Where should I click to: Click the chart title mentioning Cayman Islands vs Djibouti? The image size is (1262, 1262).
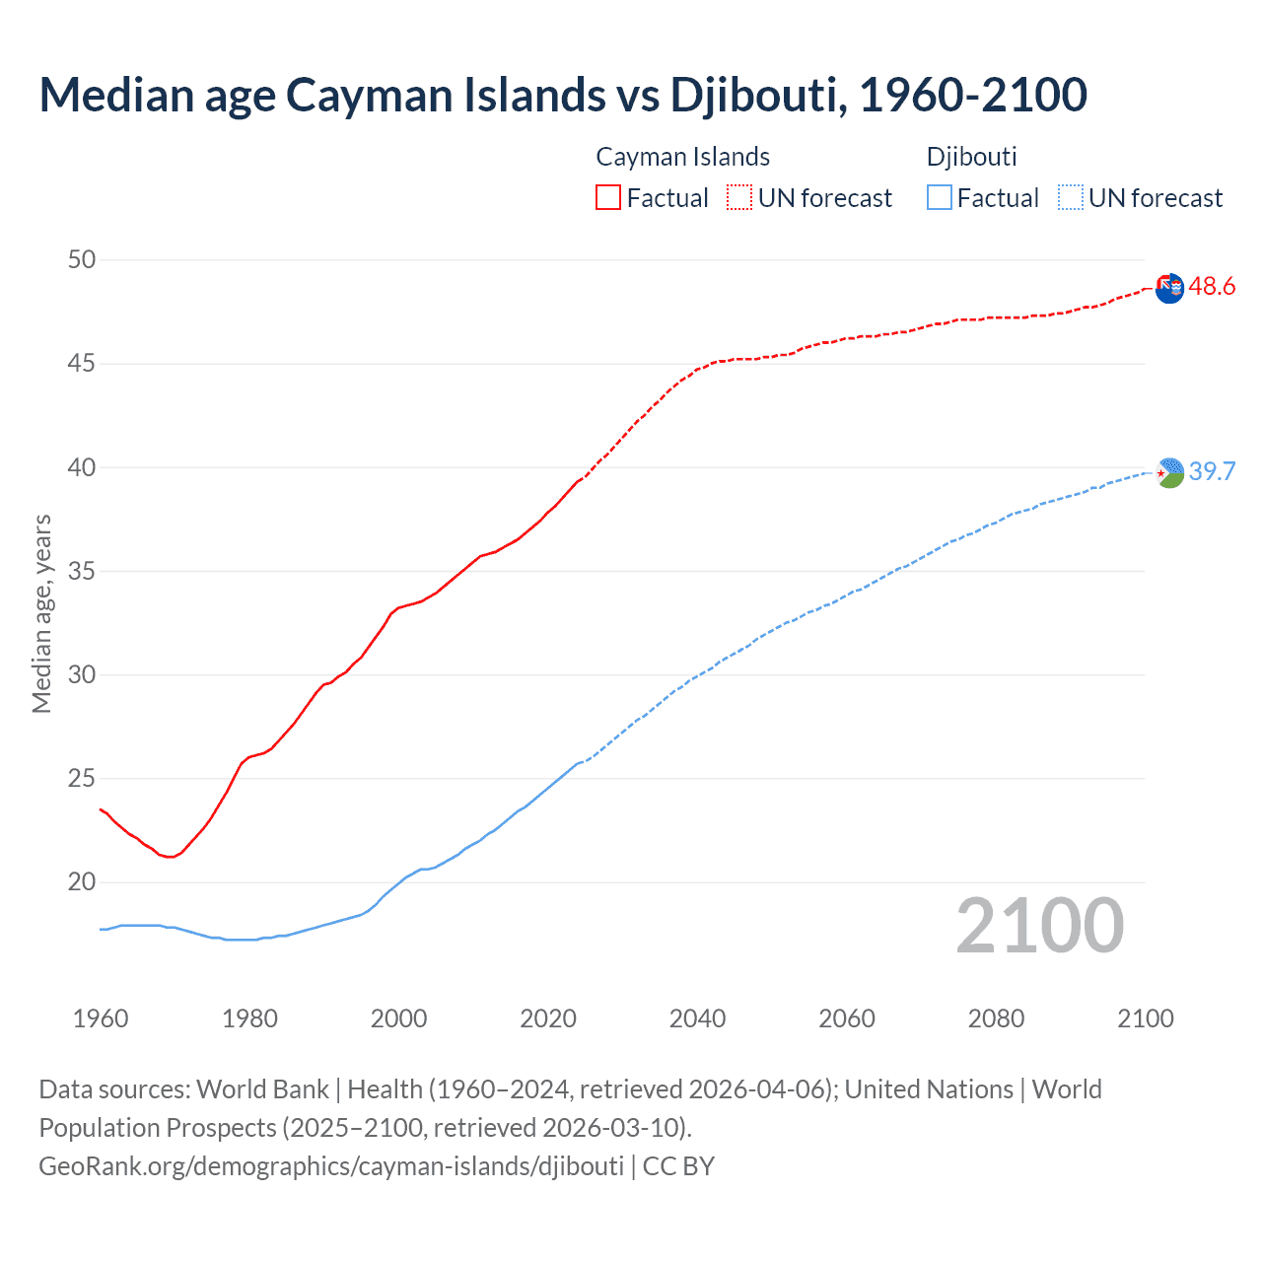point(563,95)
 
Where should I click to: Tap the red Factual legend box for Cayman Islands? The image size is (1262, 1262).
point(608,197)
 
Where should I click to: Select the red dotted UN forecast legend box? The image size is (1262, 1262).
point(739,197)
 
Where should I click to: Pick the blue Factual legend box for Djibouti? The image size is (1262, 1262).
point(940,197)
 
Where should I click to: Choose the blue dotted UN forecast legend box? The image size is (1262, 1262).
point(1071,197)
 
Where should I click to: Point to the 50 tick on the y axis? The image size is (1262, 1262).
point(82,260)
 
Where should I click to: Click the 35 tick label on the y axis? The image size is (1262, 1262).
point(82,571)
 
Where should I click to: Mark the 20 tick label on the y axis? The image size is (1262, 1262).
point(82,882)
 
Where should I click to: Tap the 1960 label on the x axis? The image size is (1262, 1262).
point(101,1018)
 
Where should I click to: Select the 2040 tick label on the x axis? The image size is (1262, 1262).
point(697,1018)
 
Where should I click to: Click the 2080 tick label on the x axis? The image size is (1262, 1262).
point(996,1018)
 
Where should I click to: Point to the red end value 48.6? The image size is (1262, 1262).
point(1212,287)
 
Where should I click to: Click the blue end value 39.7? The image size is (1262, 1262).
point(1212,472)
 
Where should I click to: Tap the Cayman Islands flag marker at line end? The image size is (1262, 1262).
point(1169,289)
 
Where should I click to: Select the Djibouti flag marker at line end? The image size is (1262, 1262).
point(1169,473)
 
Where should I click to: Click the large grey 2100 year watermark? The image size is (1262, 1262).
point(1039,926)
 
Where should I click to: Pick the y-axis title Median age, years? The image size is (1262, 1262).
point(41,613)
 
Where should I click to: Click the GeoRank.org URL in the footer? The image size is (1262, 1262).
point(331,1166)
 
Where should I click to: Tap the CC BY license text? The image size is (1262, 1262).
point(678,1166)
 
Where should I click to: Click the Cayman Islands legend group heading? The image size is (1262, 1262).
point(682,157)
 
